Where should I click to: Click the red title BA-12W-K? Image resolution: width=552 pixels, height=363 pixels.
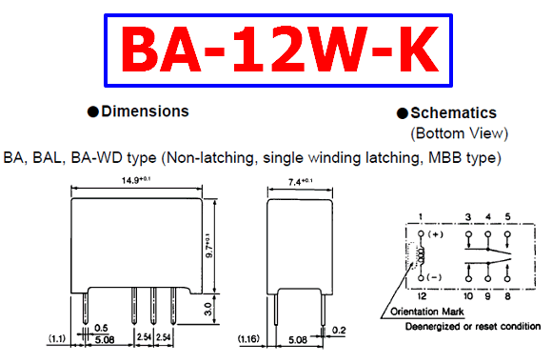280,50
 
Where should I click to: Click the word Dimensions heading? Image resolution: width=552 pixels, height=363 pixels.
145,111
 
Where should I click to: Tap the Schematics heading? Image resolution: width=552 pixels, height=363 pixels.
453,113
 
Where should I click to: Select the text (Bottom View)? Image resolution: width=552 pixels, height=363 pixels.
459,133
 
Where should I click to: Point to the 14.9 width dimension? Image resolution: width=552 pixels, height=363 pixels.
136,180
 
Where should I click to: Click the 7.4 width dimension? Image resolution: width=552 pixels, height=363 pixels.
300,182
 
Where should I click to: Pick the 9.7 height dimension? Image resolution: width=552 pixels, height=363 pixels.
209,246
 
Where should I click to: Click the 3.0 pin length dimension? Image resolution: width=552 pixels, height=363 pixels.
208,309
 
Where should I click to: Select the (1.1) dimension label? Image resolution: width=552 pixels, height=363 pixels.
57,339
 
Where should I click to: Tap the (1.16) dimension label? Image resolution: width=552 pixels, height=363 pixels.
248,339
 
